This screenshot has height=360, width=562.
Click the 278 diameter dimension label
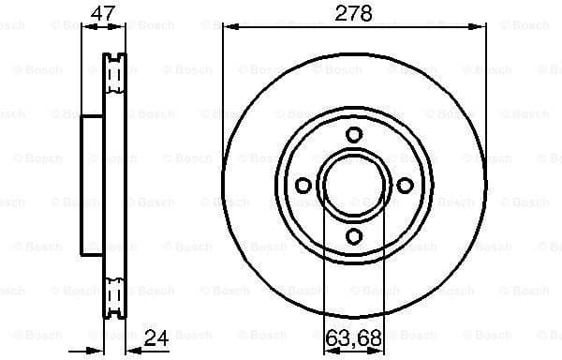click(x=354, y=13)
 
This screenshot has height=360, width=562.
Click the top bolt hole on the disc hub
click(x=354, y=135)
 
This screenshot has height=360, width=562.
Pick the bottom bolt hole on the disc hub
click(x=354, y=236)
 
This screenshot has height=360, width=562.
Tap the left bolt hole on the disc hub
click(x=303, y=186)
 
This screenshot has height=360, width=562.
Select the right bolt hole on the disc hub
click(x=405, y=186)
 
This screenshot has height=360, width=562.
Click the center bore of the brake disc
click(x=354, y=186)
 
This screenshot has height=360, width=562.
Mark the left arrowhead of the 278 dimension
click(x=228, y=27)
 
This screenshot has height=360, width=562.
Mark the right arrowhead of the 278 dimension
click(x=481, y=27)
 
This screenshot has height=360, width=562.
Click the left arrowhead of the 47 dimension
click(x=86, y=27)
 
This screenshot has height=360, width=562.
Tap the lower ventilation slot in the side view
click(x=116, y=297)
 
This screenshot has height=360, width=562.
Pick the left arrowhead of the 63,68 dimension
click(x=327, y=349)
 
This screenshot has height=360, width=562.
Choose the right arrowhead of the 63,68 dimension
click(x=381, y=349)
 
